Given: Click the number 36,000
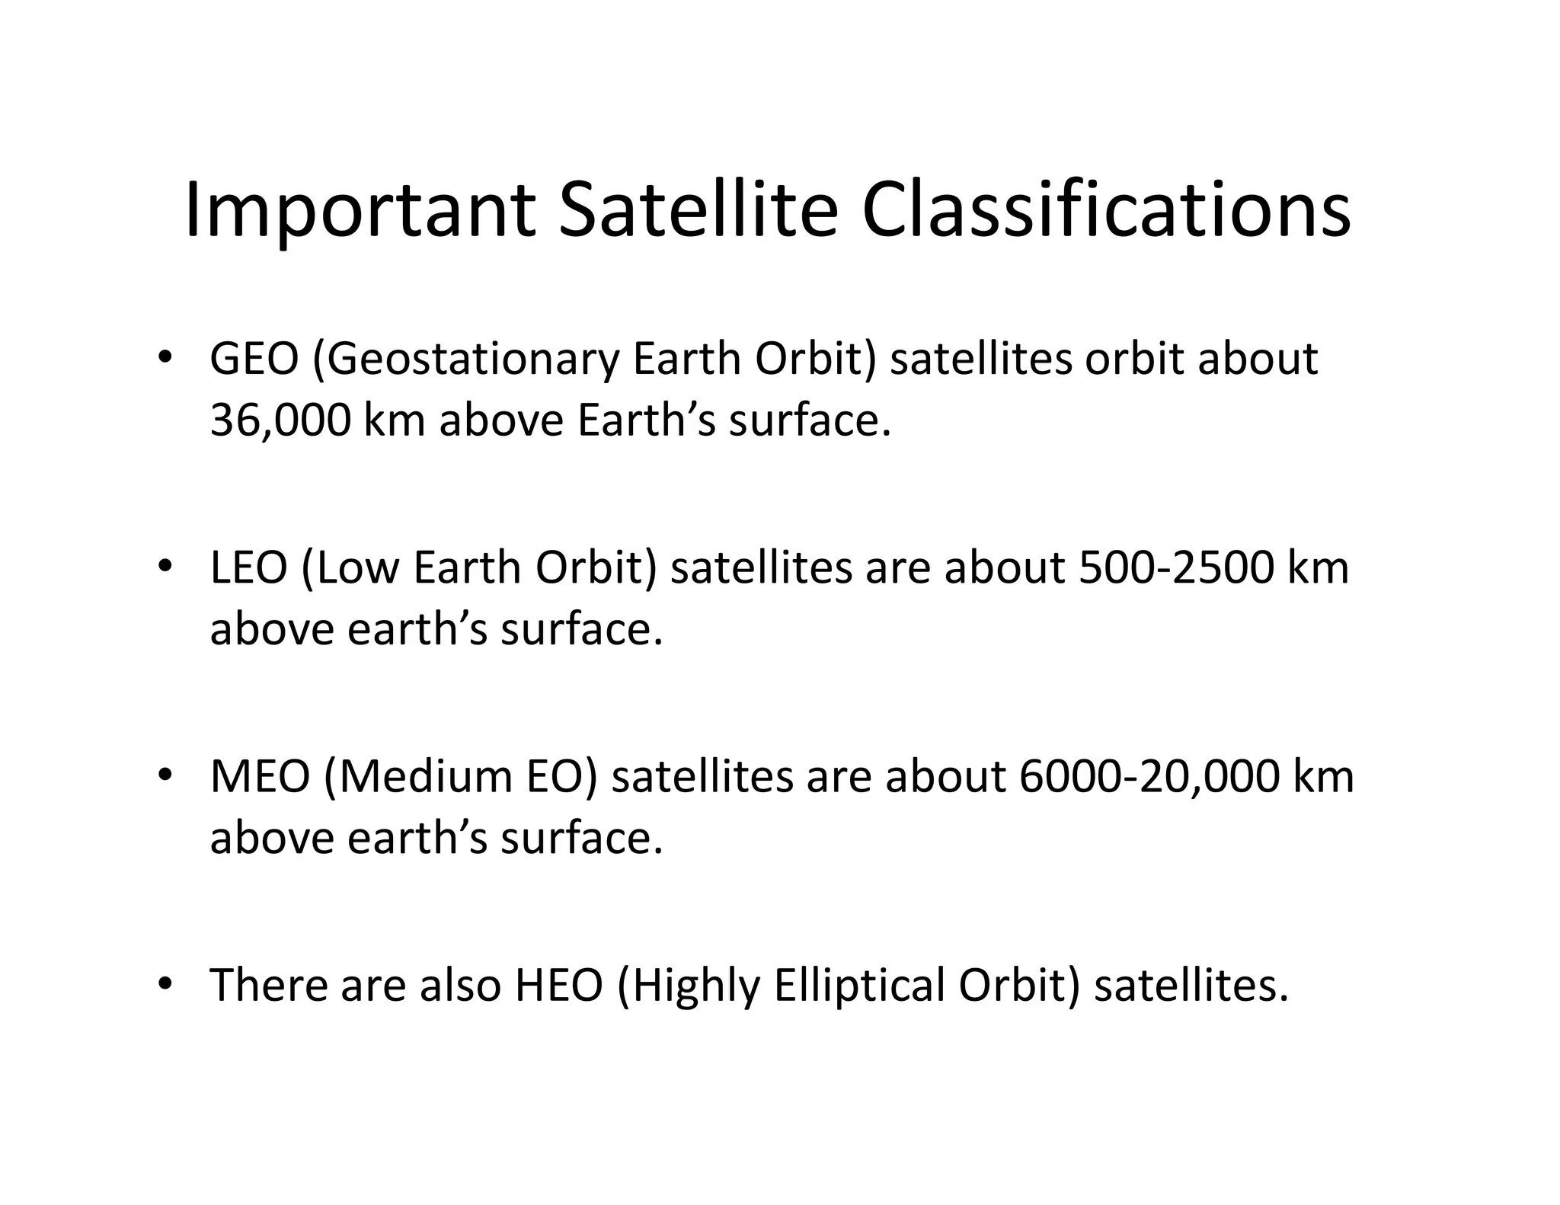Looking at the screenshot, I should tap(280, 420).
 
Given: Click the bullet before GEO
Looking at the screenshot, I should tap(164, 357).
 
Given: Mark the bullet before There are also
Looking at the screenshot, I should tap(164, 983).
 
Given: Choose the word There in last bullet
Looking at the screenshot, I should tap(268, 985).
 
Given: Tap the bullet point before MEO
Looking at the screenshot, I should tap(164, 775).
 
